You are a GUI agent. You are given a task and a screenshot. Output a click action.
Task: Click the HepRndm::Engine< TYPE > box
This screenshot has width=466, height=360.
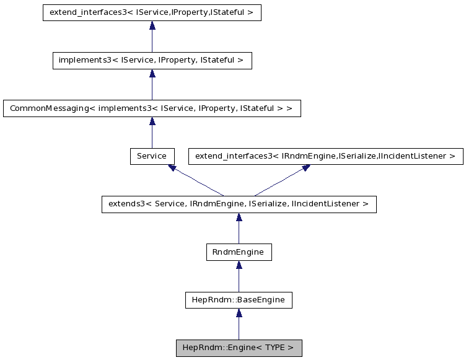point(239,348)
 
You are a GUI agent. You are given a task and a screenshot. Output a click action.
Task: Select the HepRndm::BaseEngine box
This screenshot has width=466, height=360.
point(239,300)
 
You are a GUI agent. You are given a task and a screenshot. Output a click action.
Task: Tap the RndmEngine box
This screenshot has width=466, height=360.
point(239,252)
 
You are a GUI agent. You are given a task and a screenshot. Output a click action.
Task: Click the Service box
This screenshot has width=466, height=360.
point(152,156)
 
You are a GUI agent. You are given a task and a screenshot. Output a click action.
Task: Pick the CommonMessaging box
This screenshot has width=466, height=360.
point(152,108)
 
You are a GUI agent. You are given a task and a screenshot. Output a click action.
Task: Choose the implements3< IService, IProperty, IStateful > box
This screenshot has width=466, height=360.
point(152,60)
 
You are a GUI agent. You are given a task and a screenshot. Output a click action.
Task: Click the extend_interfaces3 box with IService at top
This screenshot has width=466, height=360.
point(152,12)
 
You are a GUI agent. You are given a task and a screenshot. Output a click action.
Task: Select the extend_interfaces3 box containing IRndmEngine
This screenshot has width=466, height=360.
point(325,156)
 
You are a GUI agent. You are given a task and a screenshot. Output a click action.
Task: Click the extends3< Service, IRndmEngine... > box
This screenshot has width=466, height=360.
point(239,204)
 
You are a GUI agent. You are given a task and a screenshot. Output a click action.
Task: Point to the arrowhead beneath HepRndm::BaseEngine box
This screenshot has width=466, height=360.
point(239,313)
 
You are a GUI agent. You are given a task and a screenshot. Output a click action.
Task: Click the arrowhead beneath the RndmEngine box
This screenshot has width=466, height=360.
point(239,265)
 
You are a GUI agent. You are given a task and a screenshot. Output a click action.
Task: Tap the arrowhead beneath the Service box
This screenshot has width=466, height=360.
point(172,168)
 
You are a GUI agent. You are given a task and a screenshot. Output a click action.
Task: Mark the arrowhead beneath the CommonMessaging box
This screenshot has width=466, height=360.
point(152,121)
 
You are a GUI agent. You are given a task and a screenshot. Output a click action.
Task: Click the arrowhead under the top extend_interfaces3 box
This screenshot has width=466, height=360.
point(152,25)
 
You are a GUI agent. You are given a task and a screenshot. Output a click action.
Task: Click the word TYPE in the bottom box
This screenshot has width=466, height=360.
point(275,348)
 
